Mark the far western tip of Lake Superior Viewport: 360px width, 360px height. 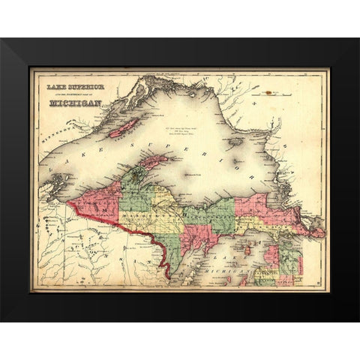tap(41, 196)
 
